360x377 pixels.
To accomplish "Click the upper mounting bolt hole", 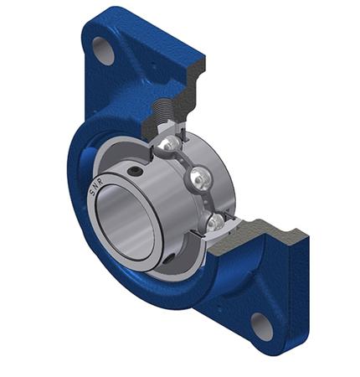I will (x=103, y=50).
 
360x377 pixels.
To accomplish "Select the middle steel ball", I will (x=199, y=178).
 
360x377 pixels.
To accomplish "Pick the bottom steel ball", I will (x=216, y=221).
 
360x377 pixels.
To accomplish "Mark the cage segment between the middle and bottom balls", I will (x=209, y=201).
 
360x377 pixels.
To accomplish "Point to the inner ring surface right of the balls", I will (x=224, y=180).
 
